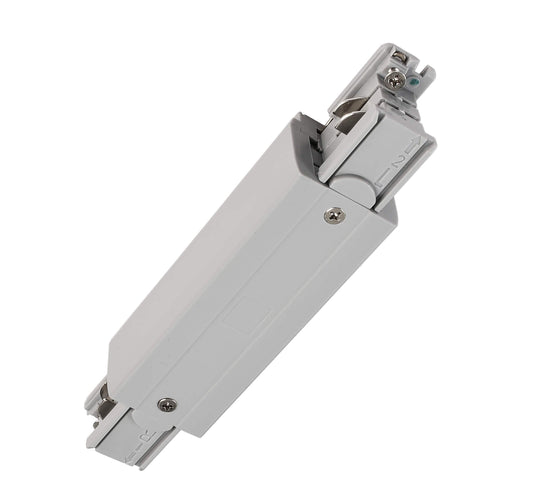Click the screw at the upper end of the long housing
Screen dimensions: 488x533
pyautogui.click(x=333, y=214)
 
